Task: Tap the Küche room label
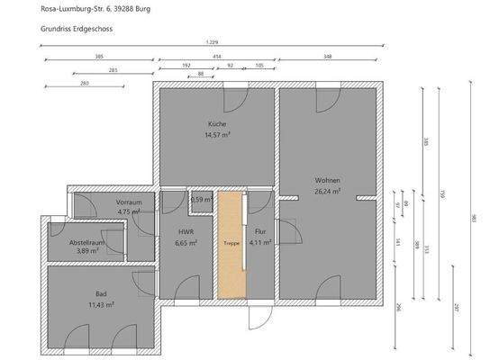pos(216,123)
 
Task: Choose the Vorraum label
pos(129,202)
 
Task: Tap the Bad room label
pos(101,294)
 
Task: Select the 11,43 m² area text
pos(101,305)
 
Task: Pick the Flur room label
pos(261,231)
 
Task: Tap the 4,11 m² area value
pos(261,242)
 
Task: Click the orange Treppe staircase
pos(231,244)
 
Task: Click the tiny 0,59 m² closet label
pos(200,200)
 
